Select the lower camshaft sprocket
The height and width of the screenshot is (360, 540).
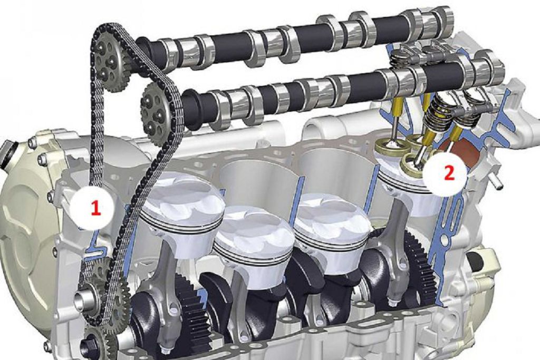coord(157,110)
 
